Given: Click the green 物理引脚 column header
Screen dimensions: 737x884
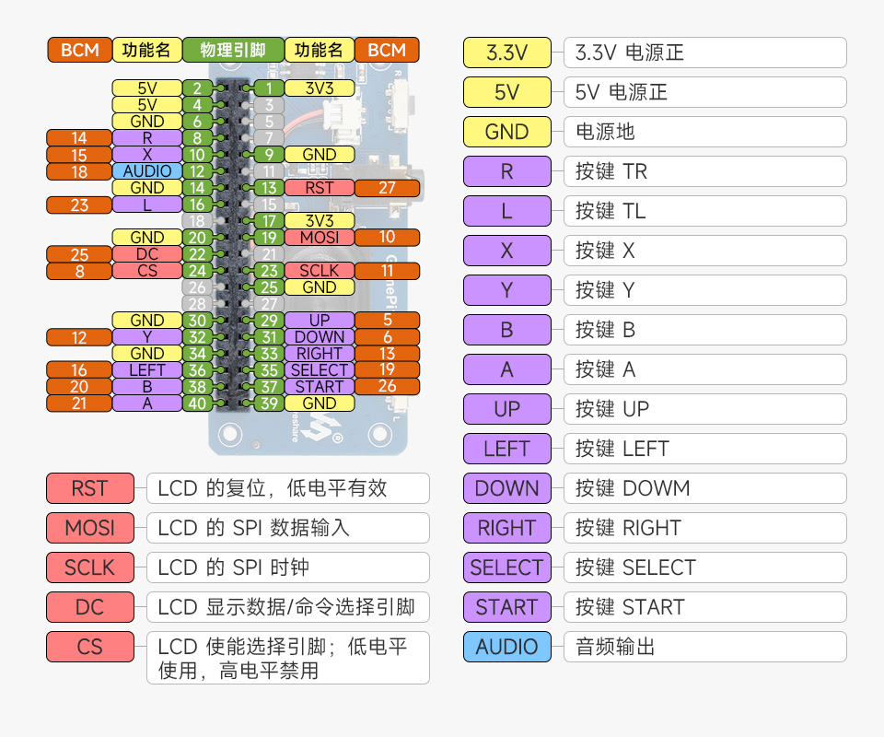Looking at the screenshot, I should pos(233,50).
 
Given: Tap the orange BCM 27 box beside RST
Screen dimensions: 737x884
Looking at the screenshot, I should pos(387,188).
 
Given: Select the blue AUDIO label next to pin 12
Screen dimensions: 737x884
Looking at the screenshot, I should pos(146,171).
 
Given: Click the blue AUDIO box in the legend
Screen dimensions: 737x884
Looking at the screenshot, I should pos(506,647).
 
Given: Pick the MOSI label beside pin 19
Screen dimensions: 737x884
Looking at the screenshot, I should pos(319,238).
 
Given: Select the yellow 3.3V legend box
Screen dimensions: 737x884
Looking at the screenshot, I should pos(506,53).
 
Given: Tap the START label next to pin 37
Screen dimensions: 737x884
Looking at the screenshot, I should pos(319,387).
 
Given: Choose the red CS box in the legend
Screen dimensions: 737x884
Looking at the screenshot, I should pos(90,647).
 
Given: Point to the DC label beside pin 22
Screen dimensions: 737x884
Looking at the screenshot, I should pos(146,254).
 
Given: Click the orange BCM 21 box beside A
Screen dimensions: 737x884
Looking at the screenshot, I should pos(79,404).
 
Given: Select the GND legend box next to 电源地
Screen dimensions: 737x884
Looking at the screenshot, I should pos(506,132).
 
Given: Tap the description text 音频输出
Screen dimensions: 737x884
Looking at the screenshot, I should pos(615,647).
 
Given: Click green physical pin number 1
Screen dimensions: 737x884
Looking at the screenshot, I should pos(268,88).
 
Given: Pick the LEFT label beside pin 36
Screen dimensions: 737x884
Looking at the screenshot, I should pos(146,370).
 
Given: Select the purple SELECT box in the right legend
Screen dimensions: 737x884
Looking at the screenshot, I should pos(506,567).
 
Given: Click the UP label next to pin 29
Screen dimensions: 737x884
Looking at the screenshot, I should pos(319,321).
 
